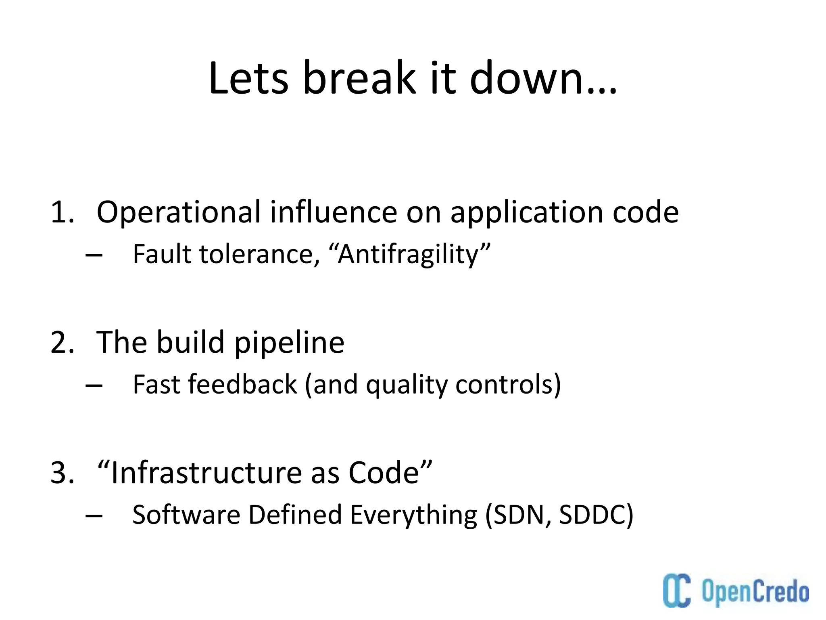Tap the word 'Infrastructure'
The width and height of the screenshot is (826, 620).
pos(206,473)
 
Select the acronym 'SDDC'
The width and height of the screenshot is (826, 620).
pos(593,515)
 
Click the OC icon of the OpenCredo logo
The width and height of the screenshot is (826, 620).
pos(677,590)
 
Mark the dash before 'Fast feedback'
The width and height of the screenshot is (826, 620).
pos(94,385)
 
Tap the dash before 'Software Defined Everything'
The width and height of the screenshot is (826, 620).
pos(94,516)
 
